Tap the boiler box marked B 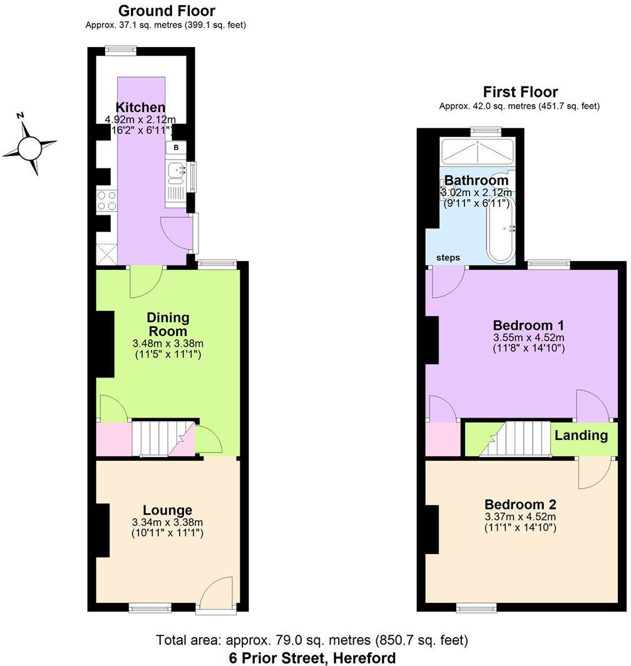[x=176, y=148]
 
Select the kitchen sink [x=175, y=169]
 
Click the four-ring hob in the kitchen [x=106, y=200]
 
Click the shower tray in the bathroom [x=478, y=152]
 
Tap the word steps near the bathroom [x=448, y=257]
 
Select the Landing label [x=581, y=435]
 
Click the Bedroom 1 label [x=529, y=325]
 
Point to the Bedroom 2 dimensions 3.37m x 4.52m [x=520, y=516]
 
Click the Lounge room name [x=167, y=510]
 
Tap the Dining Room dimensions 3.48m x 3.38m [x=168, y=343]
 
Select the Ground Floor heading [x=167, y=11]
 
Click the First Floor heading [x=520, y=92]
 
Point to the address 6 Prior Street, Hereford [x=312, y=657]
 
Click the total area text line [x=312, y=640]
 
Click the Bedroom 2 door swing [x=593, y=473]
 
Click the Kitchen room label [x=140, y=108]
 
